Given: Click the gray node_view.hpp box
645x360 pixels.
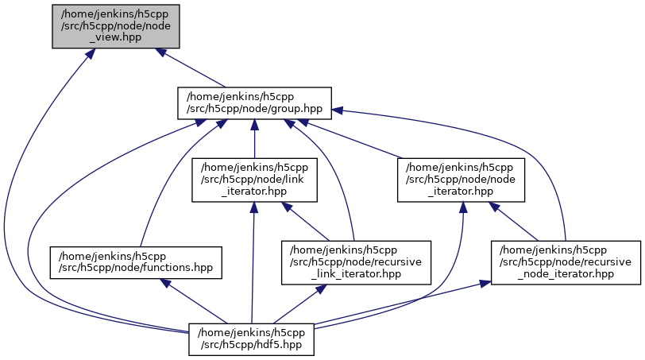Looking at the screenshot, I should point(116,26).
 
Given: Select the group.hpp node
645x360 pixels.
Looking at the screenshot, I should point(253,103).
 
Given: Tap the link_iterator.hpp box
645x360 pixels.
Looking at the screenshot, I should point(253,180).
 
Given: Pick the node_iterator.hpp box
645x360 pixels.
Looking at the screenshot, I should point(461,180).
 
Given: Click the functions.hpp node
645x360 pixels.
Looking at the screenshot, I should point(136,262).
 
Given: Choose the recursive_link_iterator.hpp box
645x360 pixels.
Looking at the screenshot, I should point(356,262).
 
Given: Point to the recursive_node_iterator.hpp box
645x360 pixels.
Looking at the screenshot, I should point(565,262).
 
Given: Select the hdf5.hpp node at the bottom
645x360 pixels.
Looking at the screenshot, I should point(252,339).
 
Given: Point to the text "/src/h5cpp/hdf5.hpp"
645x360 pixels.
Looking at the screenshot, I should point(252,345).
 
